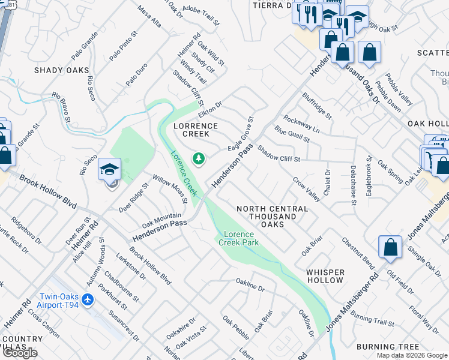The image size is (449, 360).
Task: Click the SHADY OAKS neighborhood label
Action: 61,70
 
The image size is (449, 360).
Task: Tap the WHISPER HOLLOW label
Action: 325,276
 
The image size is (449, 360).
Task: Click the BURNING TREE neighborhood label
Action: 388,347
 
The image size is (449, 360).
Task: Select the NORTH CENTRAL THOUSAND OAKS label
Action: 272,216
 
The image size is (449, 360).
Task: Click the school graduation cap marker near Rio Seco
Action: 110,169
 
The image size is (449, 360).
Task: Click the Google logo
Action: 20,353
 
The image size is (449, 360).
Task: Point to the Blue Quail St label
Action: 292,133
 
